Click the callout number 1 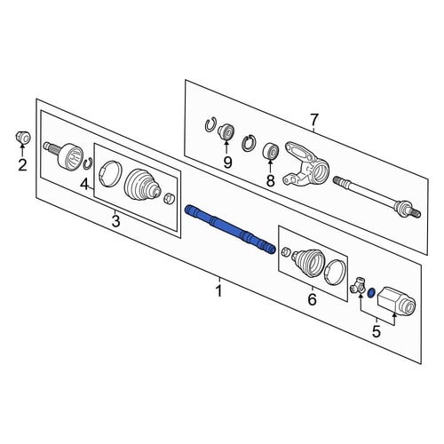(x=219, y=291)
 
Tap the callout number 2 (x=22, y=165)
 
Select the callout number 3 (x=115, y=221)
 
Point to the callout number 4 (x=84, y=185)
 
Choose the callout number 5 (x=377, y=331)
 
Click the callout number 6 (x=313, y=299)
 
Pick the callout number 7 (x=314, y=120)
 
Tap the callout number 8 (x=271, y=180)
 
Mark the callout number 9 (x=227, y=163)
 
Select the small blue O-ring (x=371, y=293)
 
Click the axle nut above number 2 (x=23, y=138)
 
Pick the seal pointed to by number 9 (x=226, y=131)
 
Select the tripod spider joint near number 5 (x=358, y=285)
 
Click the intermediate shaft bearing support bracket (x=306, y=163)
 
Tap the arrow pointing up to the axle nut (x=22, y=150)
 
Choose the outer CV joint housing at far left (x=65, y=157)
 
